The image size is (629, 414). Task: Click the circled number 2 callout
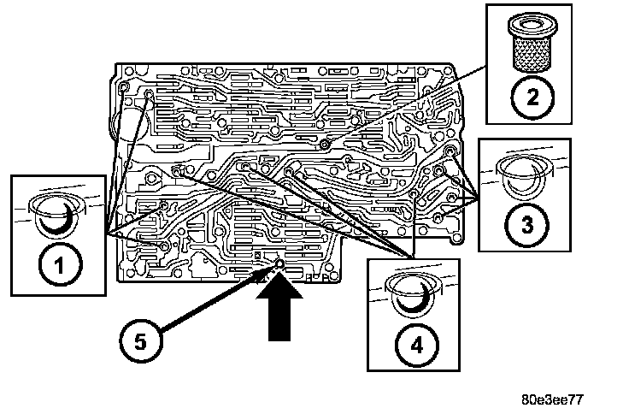point(531,97)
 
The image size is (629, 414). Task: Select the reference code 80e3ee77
point(556,399)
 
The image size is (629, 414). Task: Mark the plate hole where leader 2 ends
point(326,145)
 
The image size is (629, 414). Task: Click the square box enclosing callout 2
point(531,62)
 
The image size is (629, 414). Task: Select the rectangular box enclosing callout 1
point(58,236)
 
